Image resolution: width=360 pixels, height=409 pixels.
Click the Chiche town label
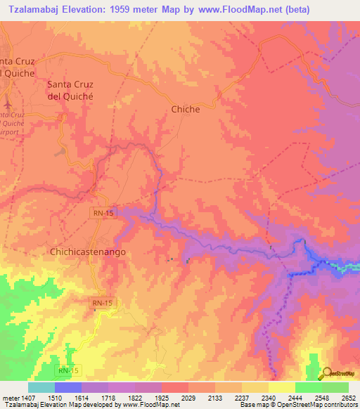(186, 109)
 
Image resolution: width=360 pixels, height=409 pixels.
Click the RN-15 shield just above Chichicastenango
(101, 212)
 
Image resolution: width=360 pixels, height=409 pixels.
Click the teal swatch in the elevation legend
(41, 387)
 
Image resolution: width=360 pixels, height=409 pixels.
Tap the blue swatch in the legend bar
(68, 387)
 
